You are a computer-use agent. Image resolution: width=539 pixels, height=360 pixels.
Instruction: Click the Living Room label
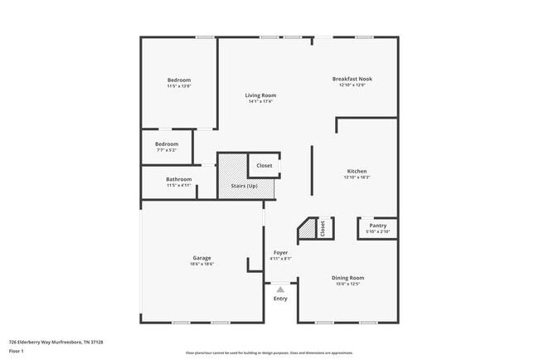(259, 95)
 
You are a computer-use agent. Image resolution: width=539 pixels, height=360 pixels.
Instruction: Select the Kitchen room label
(356, 171)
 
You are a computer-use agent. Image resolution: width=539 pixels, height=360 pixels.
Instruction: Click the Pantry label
(377, 226)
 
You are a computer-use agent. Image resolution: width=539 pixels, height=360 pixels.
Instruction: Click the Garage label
(202, 258)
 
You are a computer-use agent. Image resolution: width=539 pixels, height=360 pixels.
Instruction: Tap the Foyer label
(280, 252)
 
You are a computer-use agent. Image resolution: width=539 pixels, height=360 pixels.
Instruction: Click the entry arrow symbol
(280, 289)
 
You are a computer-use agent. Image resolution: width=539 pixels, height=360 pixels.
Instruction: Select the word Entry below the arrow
(280, 299)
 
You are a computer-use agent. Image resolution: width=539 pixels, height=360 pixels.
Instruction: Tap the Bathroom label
(178, 179)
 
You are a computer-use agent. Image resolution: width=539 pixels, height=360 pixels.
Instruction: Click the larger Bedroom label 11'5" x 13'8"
(179, 80)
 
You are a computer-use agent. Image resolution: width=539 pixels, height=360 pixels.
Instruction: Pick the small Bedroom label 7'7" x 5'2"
(167, 144)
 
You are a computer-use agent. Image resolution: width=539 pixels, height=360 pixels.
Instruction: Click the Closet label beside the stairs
(264, 165)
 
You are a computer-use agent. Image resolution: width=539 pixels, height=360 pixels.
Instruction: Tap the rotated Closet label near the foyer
(323, 228)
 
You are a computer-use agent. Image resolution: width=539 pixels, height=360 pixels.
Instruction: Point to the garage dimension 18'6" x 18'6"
(202, 264)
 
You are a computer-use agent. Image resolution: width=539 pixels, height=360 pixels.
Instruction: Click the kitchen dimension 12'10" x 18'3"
(356, 178)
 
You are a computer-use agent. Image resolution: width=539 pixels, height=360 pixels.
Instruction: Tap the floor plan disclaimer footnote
(269, 353)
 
